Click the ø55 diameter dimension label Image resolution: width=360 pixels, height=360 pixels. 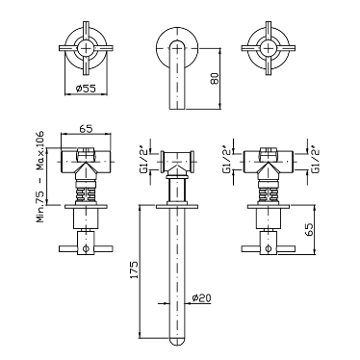point(86,89)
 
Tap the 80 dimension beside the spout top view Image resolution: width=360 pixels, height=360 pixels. point(215,78)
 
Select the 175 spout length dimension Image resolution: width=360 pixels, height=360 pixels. point(134,270)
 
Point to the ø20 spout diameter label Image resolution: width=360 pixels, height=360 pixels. point(201,298)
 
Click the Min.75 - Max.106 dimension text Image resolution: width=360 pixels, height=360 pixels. point(40,177)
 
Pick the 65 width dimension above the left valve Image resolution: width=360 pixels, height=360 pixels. point(86,129)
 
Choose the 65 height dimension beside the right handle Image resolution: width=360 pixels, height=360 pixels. point(309,230)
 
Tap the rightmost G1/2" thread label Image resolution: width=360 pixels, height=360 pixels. point(316,162)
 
